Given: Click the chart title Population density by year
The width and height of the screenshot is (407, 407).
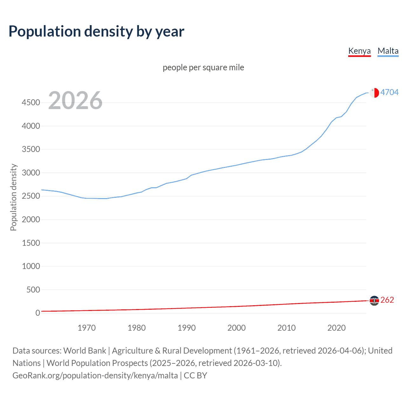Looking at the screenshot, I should (96, 31).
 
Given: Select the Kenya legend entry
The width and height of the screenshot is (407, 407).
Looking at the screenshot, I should (359, 51).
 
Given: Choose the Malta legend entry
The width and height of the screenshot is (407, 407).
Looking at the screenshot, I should (388, 51).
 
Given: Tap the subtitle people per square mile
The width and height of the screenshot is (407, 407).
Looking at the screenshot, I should (203, 67).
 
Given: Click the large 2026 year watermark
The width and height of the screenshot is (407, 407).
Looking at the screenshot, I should (75, 100).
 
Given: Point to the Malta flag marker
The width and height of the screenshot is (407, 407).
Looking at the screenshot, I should (374, 93).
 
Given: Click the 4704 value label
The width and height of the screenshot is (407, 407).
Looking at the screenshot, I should (389, 92).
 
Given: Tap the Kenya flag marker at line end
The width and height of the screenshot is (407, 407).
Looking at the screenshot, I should (374, 300).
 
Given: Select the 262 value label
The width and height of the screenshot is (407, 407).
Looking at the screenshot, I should (387, 300).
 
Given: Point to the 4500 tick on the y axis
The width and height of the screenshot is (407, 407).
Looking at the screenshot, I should (31, 102).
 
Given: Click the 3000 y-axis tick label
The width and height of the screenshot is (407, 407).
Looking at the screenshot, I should (31, 173).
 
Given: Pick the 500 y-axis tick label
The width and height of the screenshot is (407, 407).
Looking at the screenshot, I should (33, 290).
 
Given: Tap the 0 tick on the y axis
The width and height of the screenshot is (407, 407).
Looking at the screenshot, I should (38, 313).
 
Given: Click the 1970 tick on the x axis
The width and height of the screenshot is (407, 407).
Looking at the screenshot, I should (86, 328).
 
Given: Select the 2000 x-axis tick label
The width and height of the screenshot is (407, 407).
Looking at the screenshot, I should (237, 328).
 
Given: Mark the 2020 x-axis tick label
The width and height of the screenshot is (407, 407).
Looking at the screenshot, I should (336, 328).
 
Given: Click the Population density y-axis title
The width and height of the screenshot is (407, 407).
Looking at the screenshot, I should (13, 197).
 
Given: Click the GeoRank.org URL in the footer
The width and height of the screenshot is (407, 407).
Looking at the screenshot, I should (95, 376).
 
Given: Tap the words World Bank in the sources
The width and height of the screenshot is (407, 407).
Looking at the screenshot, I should (85, 351).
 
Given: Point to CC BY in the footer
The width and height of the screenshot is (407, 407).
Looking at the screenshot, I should (195, 376).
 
